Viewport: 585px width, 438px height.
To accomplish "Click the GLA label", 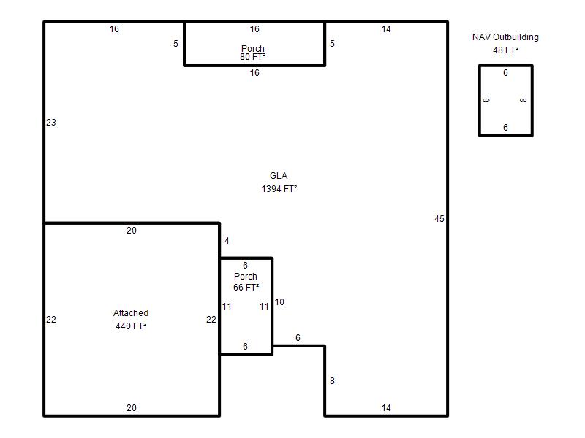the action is click(279, 176).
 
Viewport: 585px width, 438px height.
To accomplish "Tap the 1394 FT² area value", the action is click(279, 189).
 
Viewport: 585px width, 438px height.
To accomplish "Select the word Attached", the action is click(131, 313).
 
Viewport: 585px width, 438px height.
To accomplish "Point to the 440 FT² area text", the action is click(131, 326).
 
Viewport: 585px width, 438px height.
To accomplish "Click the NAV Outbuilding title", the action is click(505, 37).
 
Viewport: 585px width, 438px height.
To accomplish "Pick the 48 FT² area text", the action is click(505, 50).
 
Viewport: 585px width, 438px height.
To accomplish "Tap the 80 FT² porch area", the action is click(252, 57).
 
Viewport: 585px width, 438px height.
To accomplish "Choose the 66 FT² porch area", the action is click(246, 287).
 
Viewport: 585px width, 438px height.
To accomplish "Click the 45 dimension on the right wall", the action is click(439, 219).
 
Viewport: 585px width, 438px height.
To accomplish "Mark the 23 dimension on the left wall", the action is click(51, 123).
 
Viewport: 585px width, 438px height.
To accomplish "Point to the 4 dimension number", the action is click(227, 241).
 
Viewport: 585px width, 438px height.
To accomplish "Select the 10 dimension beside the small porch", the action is click(279, 302).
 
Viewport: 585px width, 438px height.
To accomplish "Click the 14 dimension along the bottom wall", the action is click(386, 408).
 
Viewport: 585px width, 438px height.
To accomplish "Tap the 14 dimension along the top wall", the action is click(386, 29).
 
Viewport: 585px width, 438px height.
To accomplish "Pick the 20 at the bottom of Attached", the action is click(132, 408).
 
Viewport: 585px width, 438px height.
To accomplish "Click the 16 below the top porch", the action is click(254, 72).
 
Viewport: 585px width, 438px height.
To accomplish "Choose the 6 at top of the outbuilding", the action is click(505, 72).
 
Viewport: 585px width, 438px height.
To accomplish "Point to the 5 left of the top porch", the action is click(175, 44).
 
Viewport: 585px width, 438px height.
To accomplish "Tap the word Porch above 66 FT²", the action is click(246, 277).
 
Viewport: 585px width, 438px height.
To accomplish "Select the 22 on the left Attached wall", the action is click(51, 320).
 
